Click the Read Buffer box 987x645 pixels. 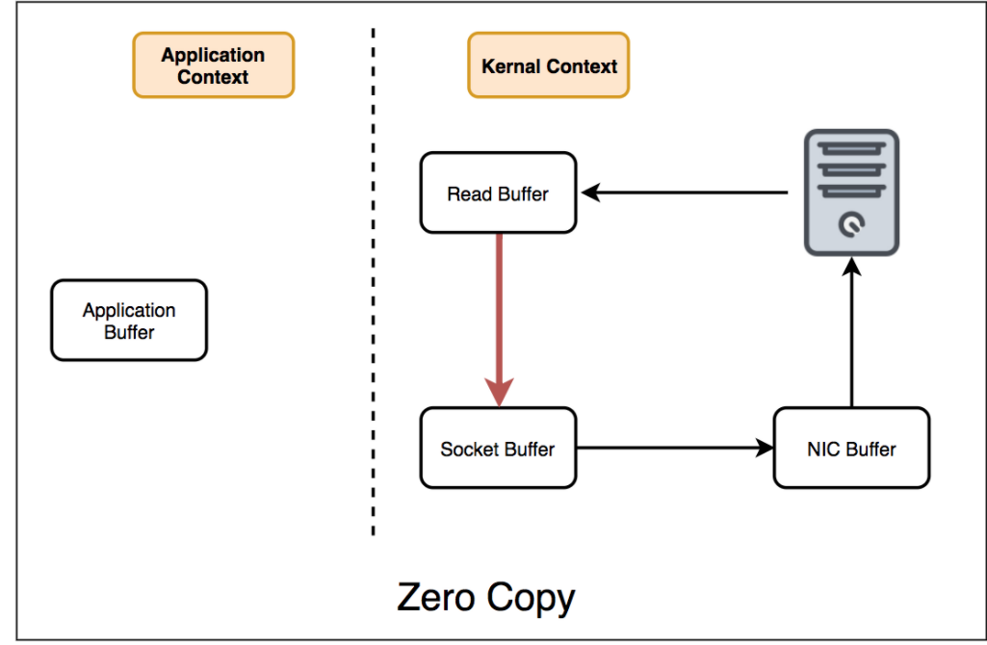(x=498, y=193)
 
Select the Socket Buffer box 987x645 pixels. (x=498, y=448)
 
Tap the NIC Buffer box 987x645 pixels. (x=851, y=448)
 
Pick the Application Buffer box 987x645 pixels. (x=129, y=321)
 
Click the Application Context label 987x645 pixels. (x=213, y=65)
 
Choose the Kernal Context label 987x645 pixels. (x=549, y=65)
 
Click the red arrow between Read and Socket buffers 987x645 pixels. (x=499, y=308)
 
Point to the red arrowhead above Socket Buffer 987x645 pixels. (x=499, y=393)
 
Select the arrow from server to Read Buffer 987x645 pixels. (x=684, y=193)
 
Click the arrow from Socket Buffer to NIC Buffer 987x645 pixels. (x=674, y=448)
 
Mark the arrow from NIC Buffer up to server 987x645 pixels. (x=852, y=337)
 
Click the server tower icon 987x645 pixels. (x=852, y=193)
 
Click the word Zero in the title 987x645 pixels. (x=436, y=598)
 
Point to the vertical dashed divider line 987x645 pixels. (x=373, y=289)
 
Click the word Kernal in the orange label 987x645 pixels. (x=511, y=65)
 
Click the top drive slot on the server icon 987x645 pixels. (x=852, y=148)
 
